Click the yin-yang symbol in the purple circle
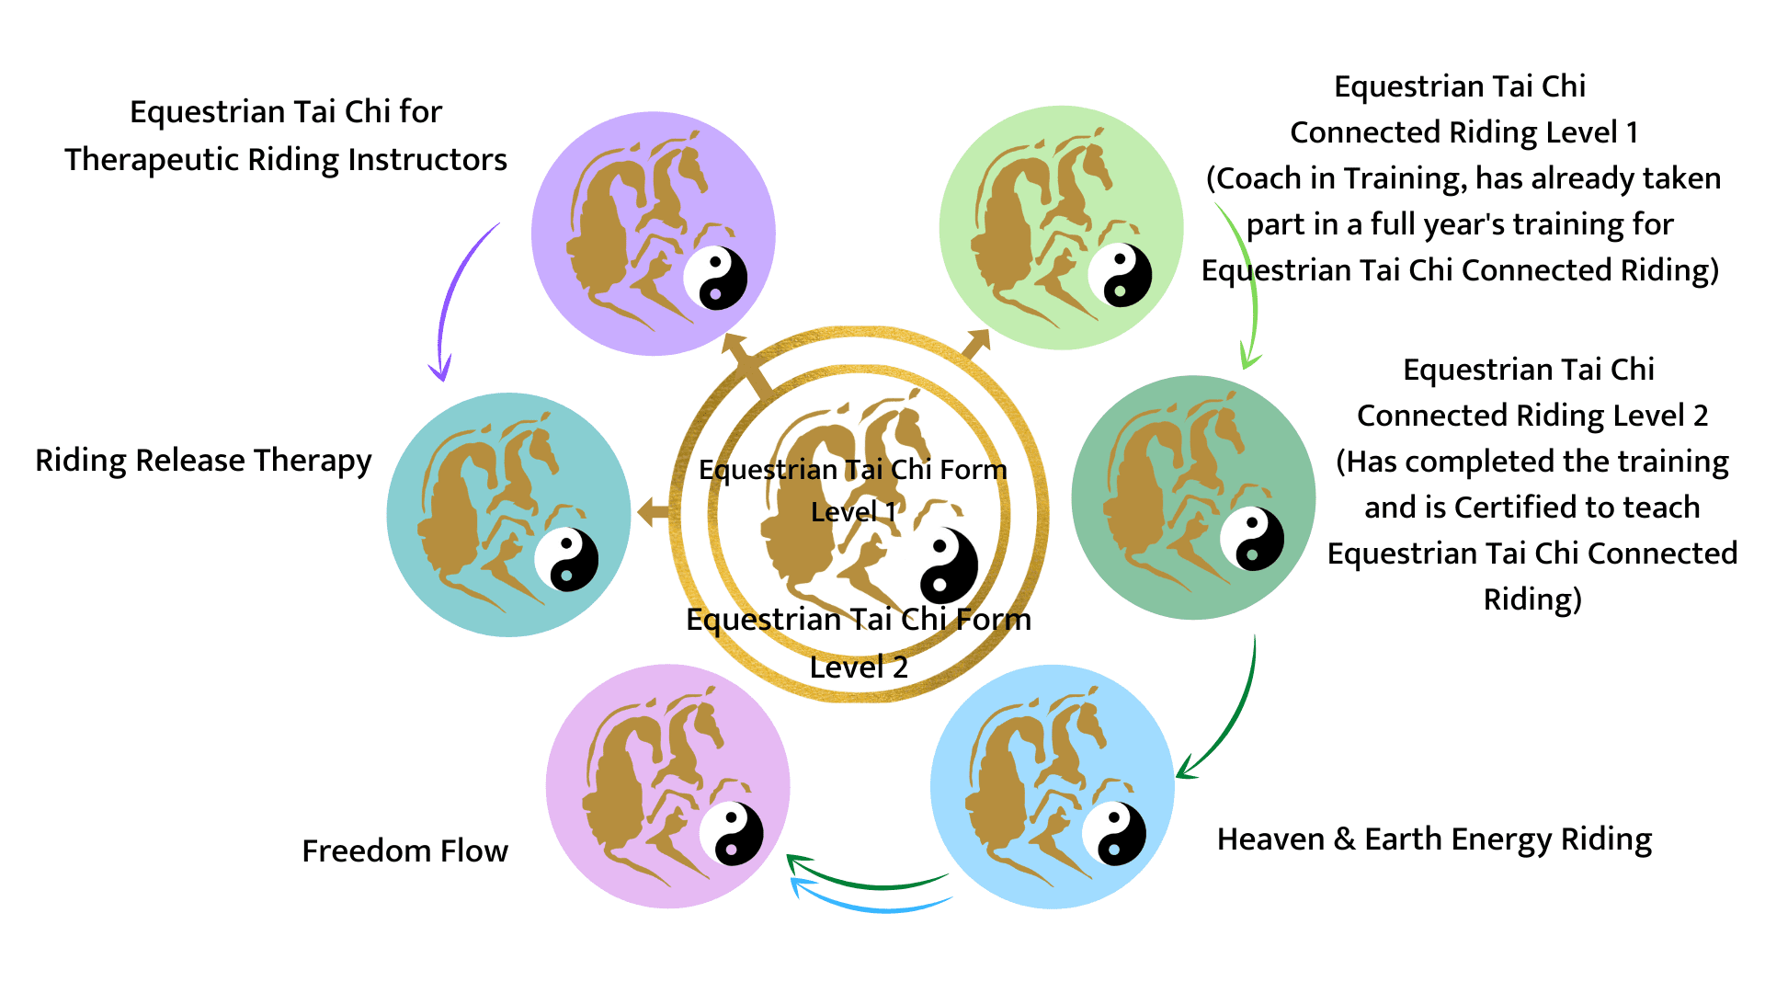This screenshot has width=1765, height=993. (715, 278)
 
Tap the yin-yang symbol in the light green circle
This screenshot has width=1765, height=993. (1120, 274)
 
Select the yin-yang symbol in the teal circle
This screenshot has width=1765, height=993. (566, 559)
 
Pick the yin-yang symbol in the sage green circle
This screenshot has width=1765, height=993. (1252, 538)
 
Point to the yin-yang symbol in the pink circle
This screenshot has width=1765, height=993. (731, 834)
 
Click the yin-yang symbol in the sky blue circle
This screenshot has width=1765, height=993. (1114, 834)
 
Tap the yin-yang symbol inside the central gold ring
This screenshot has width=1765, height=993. (949, 565)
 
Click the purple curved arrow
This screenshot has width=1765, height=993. (455, 294)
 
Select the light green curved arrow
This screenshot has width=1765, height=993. (1246, 285)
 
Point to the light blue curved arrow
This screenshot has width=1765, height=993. (873, 905)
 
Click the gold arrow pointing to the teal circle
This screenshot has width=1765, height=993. (653, 512)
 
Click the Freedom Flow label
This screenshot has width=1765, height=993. (404, 851)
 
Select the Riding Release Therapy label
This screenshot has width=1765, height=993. (203, 461)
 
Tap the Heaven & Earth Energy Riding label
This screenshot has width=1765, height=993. (1434, 839)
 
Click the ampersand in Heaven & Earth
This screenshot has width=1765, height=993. (1344, 839)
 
